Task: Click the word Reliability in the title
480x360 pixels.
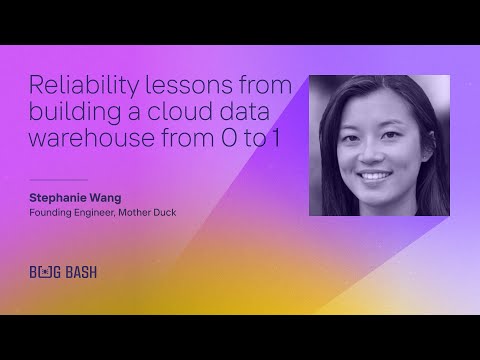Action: click(x=74, y=85)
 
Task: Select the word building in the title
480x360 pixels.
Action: click(x=72, y=111)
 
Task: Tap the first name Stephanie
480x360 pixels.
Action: click(x=62, y=198)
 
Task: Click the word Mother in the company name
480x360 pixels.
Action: click(x=146, y=213)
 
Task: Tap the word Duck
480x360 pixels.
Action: click(x=177, y=213)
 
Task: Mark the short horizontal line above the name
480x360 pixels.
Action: click(x=51, y=180)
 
